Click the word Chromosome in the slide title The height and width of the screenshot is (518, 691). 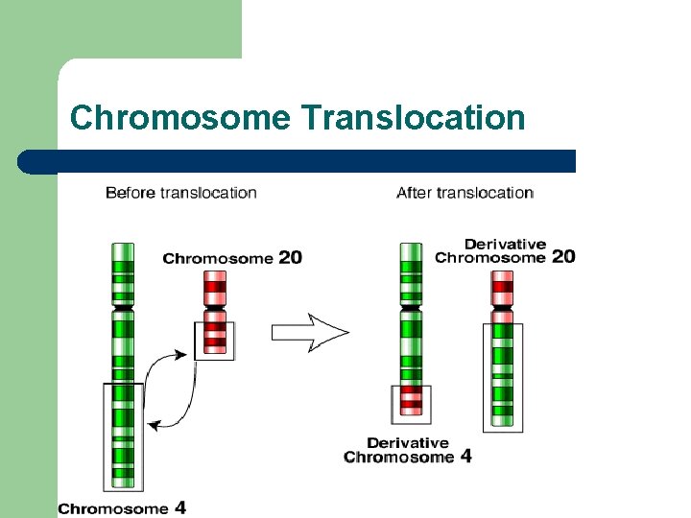tap(179, 118)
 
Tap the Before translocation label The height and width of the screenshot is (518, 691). tap(181, 193)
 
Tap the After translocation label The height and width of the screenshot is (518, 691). tap(465, 193)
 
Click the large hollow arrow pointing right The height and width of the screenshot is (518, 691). tap(309, 333)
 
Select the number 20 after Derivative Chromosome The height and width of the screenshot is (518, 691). tap(563, 257)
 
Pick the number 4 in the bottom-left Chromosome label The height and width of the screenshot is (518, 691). tap(179, 507)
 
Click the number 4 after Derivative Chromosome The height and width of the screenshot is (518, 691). tap(465, 457)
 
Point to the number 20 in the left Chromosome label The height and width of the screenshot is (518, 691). tap(289, 258)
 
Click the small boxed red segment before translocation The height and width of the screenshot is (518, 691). tap(215, 339)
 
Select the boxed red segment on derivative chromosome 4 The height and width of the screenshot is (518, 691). tap(412, 403)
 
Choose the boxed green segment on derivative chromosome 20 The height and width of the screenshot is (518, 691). tap(503, 376)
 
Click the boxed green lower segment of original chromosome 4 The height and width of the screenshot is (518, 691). tap(123, 436)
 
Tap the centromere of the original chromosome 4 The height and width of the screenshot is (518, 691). tap(122, 307)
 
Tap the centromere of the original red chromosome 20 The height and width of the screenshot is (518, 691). tap(215, 307)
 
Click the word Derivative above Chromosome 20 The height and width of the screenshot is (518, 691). tap(505, 244)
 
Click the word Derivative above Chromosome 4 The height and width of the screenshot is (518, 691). tap(408, 443)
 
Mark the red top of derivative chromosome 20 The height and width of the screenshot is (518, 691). tap(503, 284)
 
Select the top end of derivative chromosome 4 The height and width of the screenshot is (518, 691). tap(411, 248)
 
